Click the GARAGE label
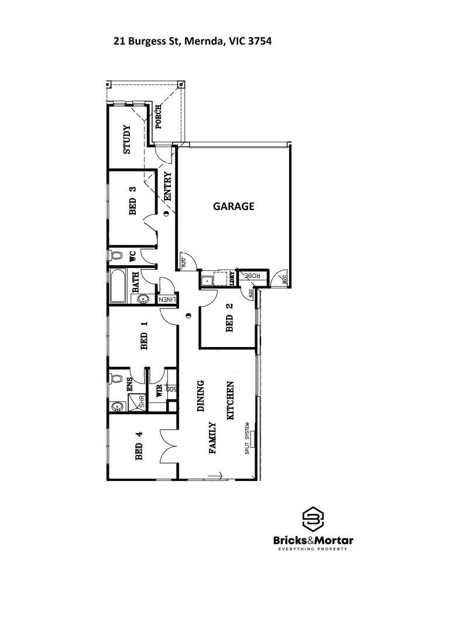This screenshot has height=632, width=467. tap(233, 206)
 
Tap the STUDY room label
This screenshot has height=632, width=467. tap(126, 140)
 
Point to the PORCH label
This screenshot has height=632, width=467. tap(159, 118)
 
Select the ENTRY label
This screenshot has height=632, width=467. tap(167, 186)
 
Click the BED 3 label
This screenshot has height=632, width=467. tap(133, 201)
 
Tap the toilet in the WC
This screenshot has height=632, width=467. tap(116, 256)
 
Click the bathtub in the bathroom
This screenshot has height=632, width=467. tap(118, 286)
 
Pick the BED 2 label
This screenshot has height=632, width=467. tap(229, 317)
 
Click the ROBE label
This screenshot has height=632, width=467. tap(250, 276)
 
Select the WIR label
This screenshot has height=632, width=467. tap(159, 391)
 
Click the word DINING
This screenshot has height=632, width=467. tap(201, 397)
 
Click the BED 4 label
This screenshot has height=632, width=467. tap(139, 446)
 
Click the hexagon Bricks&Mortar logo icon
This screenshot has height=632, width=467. tap(313, 518)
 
